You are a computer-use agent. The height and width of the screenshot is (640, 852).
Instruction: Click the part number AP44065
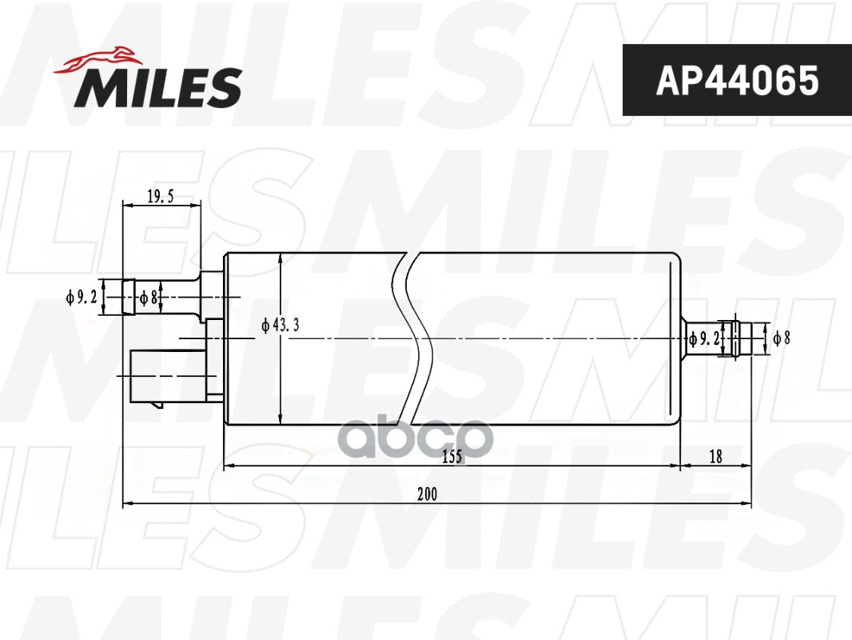coord(737,80)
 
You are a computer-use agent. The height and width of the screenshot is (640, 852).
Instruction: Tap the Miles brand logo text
coord(158,87)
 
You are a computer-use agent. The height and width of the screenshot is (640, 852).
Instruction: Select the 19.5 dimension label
coord(161,197)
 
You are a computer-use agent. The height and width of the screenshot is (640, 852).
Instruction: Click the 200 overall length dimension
coord(427,494)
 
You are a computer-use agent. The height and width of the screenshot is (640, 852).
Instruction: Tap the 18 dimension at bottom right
coord(715,457)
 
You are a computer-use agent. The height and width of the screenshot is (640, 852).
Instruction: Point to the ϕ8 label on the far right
coord(781,338)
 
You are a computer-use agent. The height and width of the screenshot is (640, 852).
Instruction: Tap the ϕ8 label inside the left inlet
coord(148,298)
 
